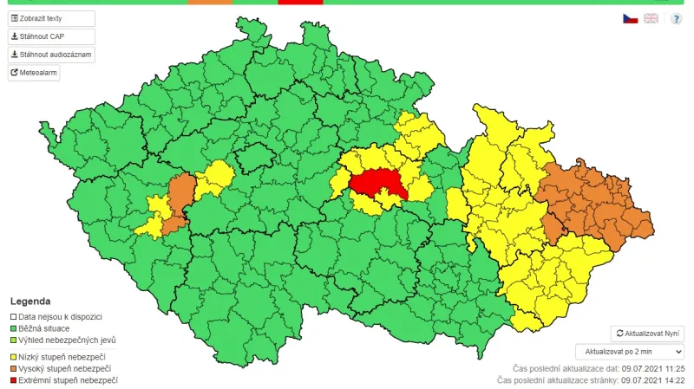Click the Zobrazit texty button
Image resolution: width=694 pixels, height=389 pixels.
click(51, 18)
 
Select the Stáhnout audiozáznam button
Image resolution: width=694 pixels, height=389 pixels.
click(51, 55)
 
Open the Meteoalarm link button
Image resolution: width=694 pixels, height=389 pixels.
click(34, 73)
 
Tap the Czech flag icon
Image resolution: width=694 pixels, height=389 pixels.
click(630, 18)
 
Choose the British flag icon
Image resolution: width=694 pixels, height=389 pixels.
click(651, 18)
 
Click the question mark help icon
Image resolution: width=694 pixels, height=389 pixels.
click(676, 18)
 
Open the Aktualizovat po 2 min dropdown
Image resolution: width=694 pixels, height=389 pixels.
click(630, 351)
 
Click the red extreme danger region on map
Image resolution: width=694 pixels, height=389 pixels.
click(380, 183)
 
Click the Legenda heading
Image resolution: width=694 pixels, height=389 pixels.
click(29, 301)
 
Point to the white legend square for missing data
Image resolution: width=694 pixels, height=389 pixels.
click(13, 318)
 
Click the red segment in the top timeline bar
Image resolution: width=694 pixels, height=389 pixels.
click(300, 2)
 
